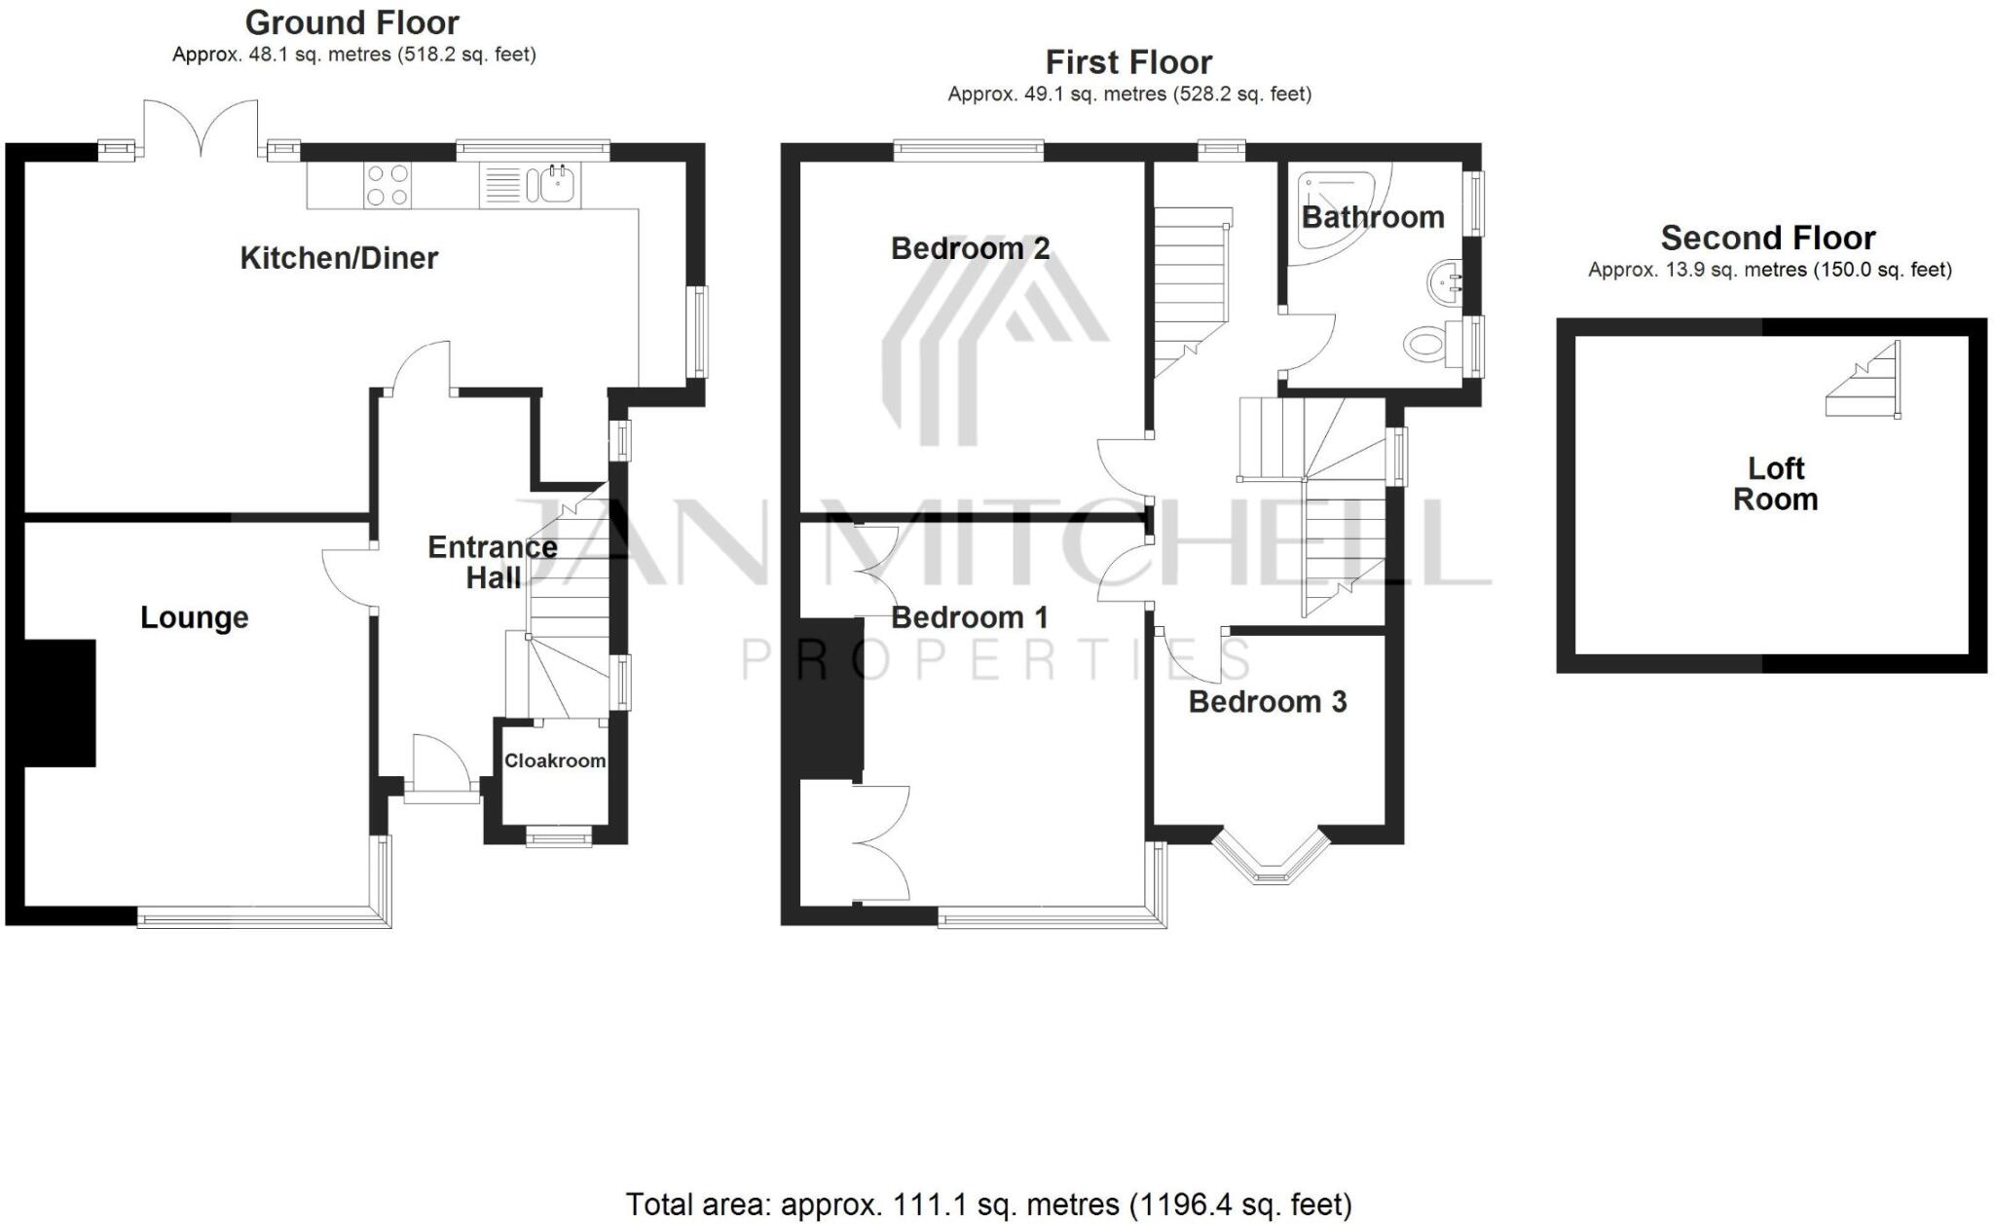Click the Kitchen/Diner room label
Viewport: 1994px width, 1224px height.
(x=339, y=258)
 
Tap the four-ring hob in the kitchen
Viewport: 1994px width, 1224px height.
(x=388, y=185)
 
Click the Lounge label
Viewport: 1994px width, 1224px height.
(x=195, y=617)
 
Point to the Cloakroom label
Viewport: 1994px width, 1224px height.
(x=554, y=760)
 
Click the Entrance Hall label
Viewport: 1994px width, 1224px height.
(x=493, y=562)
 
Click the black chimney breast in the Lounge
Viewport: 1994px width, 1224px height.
(x=58, y=702)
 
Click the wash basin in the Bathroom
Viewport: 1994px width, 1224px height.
(x=1445, y=282)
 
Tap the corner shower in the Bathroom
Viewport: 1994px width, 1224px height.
(x=1339, y=195)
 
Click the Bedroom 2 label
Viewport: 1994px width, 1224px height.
(x=970, y=248)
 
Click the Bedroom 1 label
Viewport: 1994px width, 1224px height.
(x=969, y=617)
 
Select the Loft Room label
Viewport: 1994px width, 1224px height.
(x=1775, y=484)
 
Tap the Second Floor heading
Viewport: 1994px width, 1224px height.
(x=1767, y=238)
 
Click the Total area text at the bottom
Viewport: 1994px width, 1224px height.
(x=988, y=1205)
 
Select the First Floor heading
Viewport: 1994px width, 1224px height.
(x=1128, y=62)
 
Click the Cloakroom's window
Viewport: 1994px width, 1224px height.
(x=559, y=836)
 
